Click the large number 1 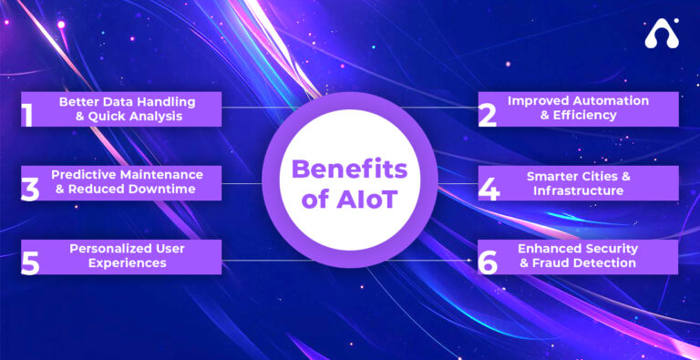point(27,114)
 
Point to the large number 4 point(489,188)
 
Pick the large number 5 point(29,262)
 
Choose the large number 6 point(489,262)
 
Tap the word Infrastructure point(578,190)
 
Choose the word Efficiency point(585,116)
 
